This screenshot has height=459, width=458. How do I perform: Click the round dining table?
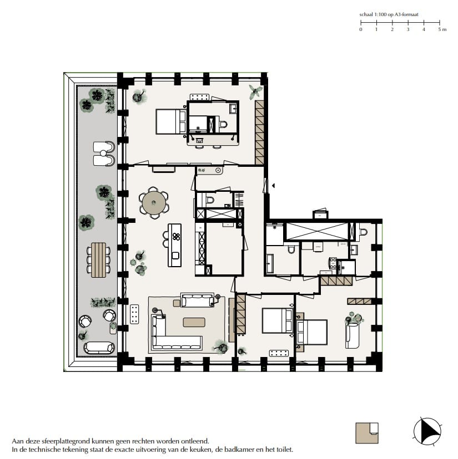click(154, 203)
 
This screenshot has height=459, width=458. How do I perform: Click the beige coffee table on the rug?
click(194, 322)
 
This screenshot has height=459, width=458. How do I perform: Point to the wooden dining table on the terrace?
click(98, 259)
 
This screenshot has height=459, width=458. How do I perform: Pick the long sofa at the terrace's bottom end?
click(99, 348)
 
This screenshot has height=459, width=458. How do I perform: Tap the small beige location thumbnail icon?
click(367, 432)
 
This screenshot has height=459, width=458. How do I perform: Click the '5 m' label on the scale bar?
click(441, 29)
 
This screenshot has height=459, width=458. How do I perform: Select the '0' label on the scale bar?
click(361, 29)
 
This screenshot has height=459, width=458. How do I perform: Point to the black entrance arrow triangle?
click(272, 187)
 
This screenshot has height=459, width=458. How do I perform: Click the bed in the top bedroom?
click(170, 121)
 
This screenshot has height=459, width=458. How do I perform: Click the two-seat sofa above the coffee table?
click(198, 300)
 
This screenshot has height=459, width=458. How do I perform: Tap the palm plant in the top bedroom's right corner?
click(256, 91)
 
